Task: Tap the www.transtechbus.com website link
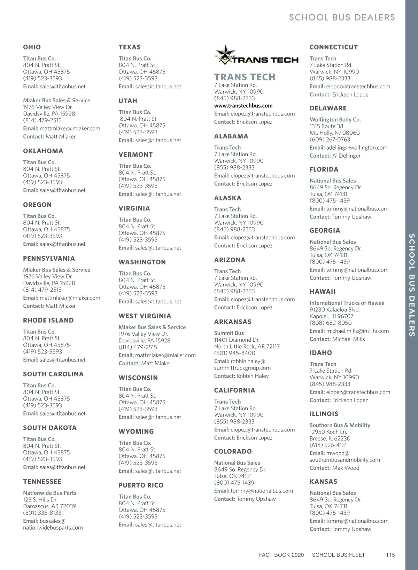[243, 106]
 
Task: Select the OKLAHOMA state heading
[43, 151]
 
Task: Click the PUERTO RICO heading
[141, 485]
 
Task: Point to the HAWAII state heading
[323, 292]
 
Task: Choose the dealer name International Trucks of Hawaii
[347, 303]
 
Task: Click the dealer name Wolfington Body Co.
[335, 120]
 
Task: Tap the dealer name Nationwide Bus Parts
[50, 493]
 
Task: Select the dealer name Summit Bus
[229, 333]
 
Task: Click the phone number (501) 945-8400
[234, 353]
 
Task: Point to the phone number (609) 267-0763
[330, 140]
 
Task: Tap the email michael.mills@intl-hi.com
[357, 331]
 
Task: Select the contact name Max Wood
[346, 468]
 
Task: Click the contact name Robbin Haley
[253, 376]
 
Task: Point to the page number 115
[390, 555]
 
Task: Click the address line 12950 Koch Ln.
[328, 432]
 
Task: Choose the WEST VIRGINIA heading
[145, 316]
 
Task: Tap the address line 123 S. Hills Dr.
[40, 500]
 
